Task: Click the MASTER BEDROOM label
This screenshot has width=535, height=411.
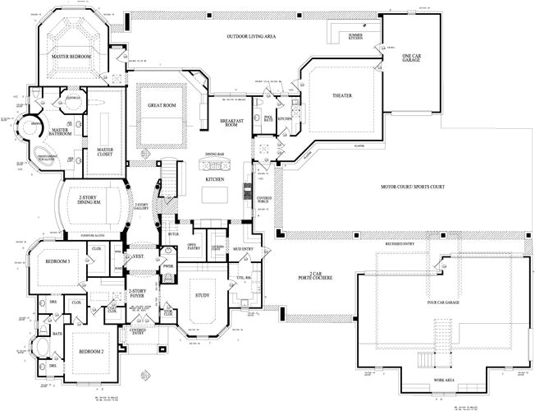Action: click(x=70, y=57)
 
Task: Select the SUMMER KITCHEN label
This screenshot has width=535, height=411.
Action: click(x=355, y=37)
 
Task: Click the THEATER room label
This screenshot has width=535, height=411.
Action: click(x=341, y=96)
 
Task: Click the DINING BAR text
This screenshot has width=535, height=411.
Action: click(x=215, y=155)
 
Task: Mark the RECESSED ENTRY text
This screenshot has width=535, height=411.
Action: click(x=399, y=243)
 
